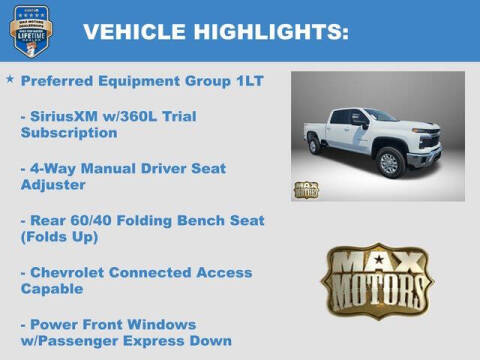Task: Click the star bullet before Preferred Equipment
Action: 10,79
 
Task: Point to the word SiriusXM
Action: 67,116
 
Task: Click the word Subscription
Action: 68,132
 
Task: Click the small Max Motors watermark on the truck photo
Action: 306,189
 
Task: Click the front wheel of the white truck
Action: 389,162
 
